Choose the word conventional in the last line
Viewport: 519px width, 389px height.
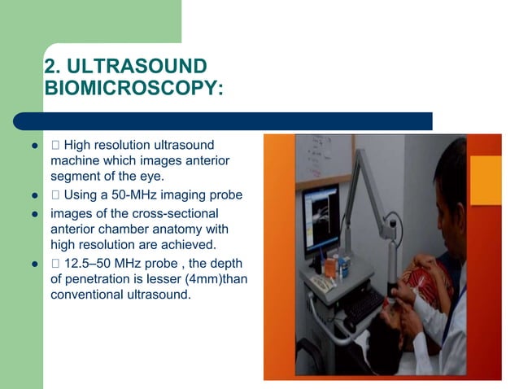click(x=87, y=295)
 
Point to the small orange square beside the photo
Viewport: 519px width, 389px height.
click(x=486, y=180)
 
